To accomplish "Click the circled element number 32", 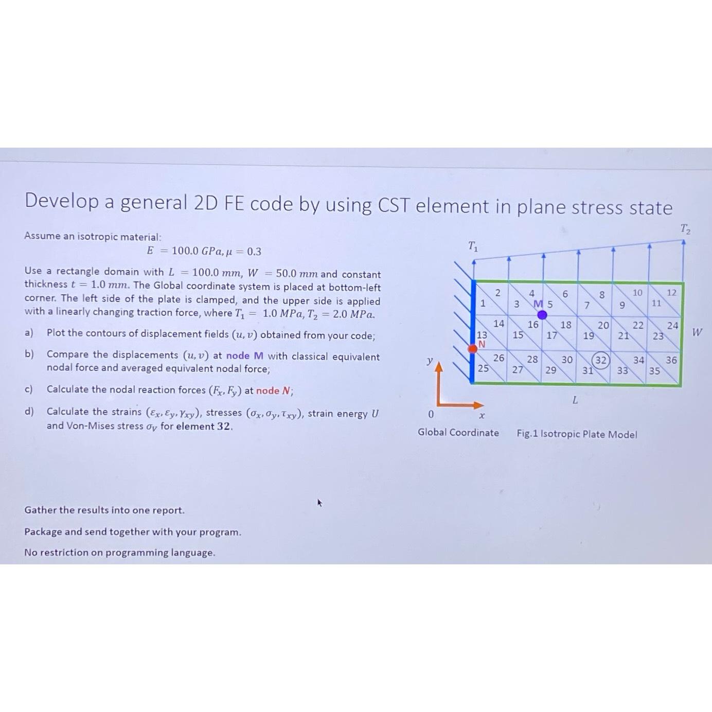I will pyautogui.click(x=600, y=360).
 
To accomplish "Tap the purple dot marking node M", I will pyautogui.click(x=542, y=315).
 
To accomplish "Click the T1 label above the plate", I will pyautogui.click(x=473, y=247).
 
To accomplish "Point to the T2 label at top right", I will pyautogui.click(x=685, y=229).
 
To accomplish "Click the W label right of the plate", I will pyautogui.click(x=697, y=332).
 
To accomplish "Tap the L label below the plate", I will pyautogui.click(x=575, y=400).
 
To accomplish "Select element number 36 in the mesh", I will pyautogui.click(x=671, y=360).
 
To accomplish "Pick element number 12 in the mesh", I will pyautogui.click(x=671, y=292).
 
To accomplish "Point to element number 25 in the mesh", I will pyautogui.click(x=483, y=368).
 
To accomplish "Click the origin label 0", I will pyautogui.click(x=431, y=415).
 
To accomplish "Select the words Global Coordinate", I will pyautogui.click(x=458, y=433).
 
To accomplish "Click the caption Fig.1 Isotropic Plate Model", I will pyautogui.click(x=577, y=434).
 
